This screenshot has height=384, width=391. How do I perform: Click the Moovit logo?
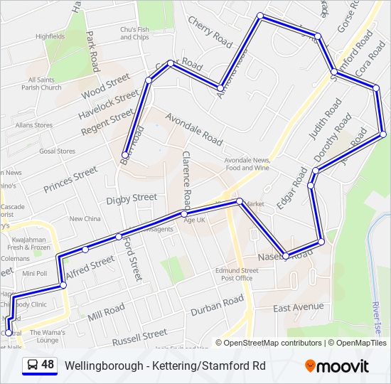337,366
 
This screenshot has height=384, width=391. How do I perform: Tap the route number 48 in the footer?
48,365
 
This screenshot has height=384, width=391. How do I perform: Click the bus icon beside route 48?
32,366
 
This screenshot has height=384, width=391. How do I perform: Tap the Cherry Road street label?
210,32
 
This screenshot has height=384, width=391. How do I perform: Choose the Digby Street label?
132,198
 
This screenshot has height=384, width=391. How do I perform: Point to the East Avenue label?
298,308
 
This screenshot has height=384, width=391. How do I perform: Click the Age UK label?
194,220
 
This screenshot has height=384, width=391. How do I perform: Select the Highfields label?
50,36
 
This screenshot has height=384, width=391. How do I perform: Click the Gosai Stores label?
57,151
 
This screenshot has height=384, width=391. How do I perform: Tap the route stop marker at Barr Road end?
125,154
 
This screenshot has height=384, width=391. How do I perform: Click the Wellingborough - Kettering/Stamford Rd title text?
165,366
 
